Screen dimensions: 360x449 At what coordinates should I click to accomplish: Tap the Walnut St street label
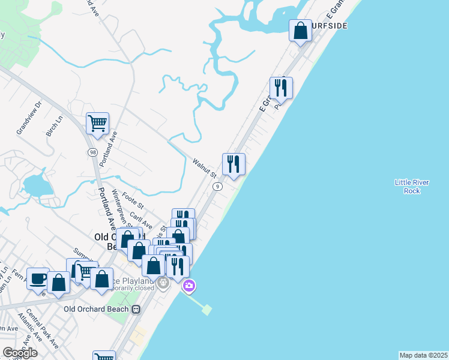coord(204,168)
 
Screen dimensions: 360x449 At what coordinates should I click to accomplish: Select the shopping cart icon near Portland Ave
coord(97,124)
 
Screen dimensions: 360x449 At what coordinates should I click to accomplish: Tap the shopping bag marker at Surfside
coord(300,31)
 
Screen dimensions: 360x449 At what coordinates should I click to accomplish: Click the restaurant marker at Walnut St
coord(234,164)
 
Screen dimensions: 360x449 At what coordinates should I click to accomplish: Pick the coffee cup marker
coord(38,278)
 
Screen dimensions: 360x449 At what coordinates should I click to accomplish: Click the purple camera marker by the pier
coord(189,286)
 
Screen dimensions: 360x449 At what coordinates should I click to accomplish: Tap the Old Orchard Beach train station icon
coord(136,310)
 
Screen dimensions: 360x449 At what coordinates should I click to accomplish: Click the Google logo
coord(20,353)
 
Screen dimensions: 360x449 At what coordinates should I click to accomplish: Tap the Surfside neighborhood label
coord(329,26)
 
